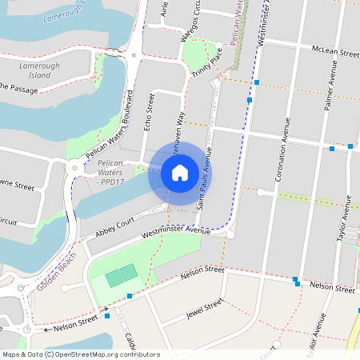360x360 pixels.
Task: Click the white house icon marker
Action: (x=180, y=173)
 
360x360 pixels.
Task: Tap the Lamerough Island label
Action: (x=34, y=70)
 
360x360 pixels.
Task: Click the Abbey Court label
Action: (x=114, y=230)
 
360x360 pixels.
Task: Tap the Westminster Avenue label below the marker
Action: (x=174, y=232)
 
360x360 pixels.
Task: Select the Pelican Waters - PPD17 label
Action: (x=110, y=173)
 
